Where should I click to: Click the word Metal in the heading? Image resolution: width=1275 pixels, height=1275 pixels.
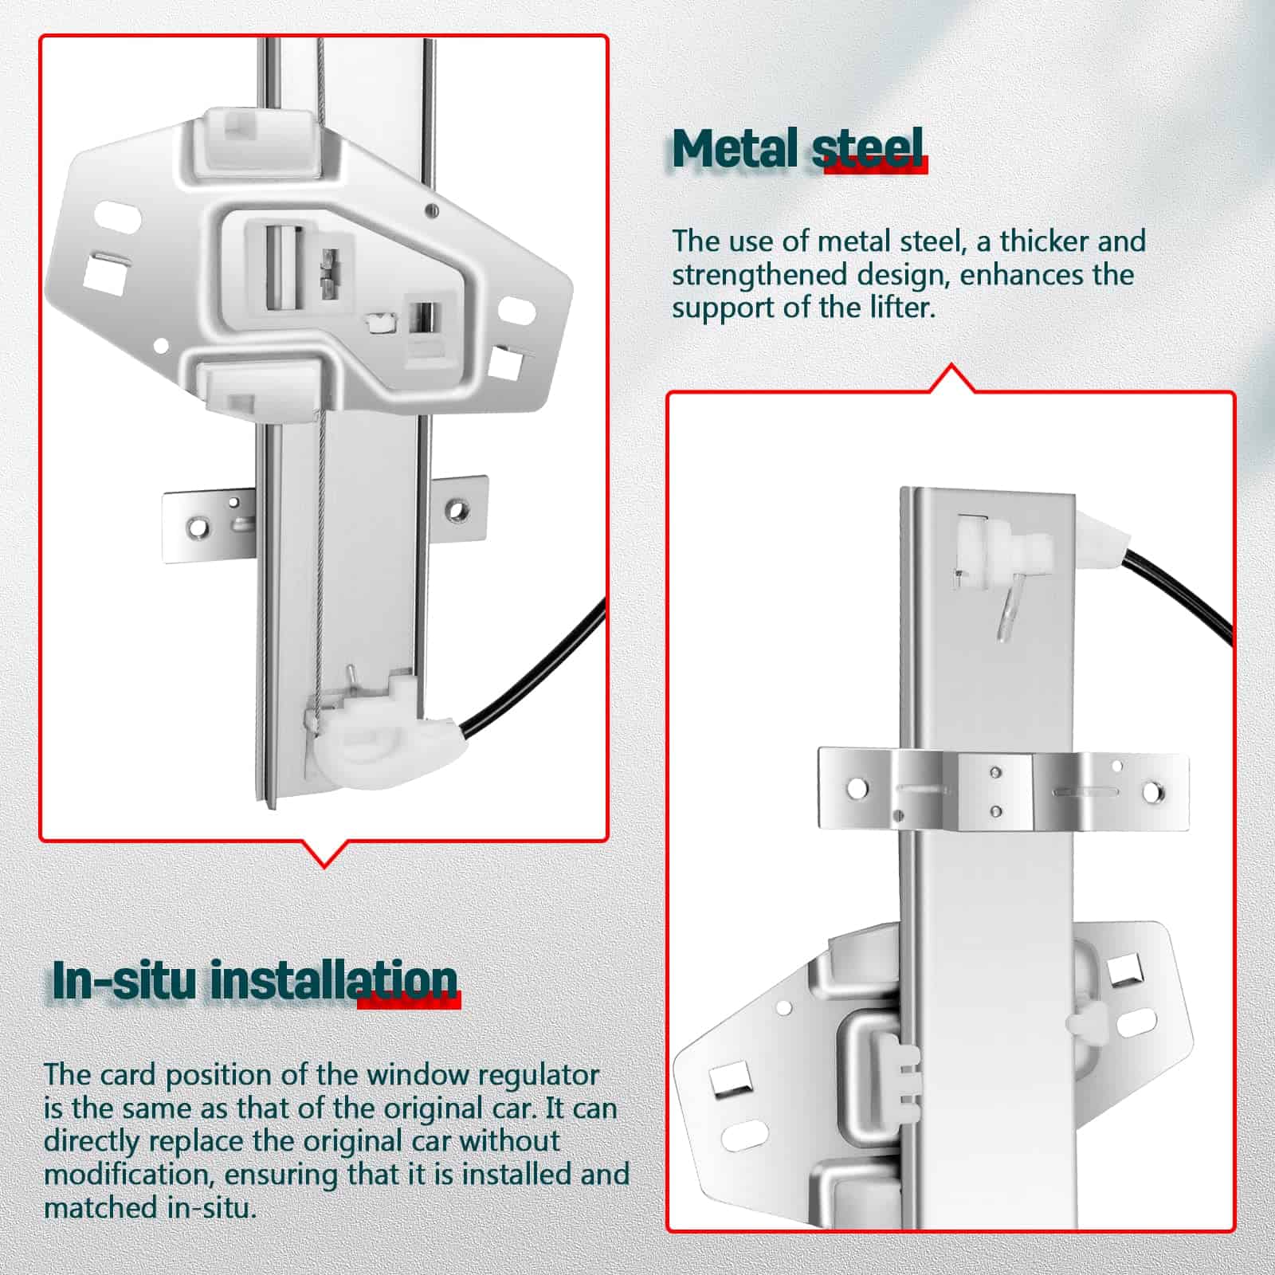(735, 149)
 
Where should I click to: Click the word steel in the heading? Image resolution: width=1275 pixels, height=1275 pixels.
(869, 149)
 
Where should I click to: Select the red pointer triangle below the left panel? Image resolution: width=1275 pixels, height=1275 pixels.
(324, 853)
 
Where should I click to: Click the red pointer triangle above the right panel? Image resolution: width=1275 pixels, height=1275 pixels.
(952, 379)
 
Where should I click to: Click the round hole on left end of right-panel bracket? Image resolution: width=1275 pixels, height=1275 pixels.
(857, 789)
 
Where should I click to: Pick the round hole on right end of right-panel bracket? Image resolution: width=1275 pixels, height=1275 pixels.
(1152, 792)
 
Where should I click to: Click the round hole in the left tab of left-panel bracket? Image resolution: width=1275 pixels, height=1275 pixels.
(197, 527)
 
